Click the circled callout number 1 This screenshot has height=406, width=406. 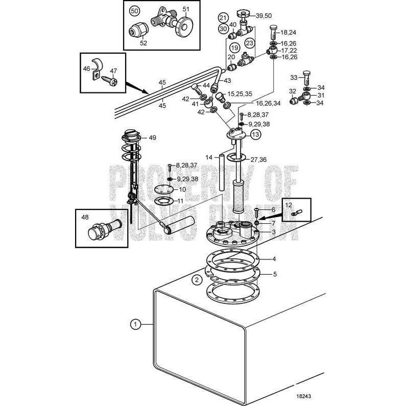[135, 323]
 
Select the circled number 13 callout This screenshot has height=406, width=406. [255, 134]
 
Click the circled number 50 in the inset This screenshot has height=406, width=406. [134, 11]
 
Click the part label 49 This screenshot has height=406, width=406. [152, 137]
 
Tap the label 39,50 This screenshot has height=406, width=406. [264, 16]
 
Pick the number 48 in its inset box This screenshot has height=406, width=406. [85, 217]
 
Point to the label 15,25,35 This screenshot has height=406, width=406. [240, 94]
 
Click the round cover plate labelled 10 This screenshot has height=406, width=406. [164, 189]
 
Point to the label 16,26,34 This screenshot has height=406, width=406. [269, 103]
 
